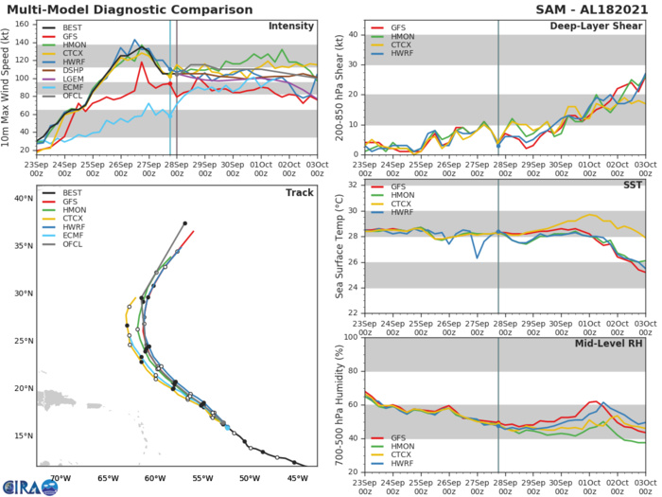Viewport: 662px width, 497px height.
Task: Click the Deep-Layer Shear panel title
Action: click(595, 26)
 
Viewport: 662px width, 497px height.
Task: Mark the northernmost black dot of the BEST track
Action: click(185, 223)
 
